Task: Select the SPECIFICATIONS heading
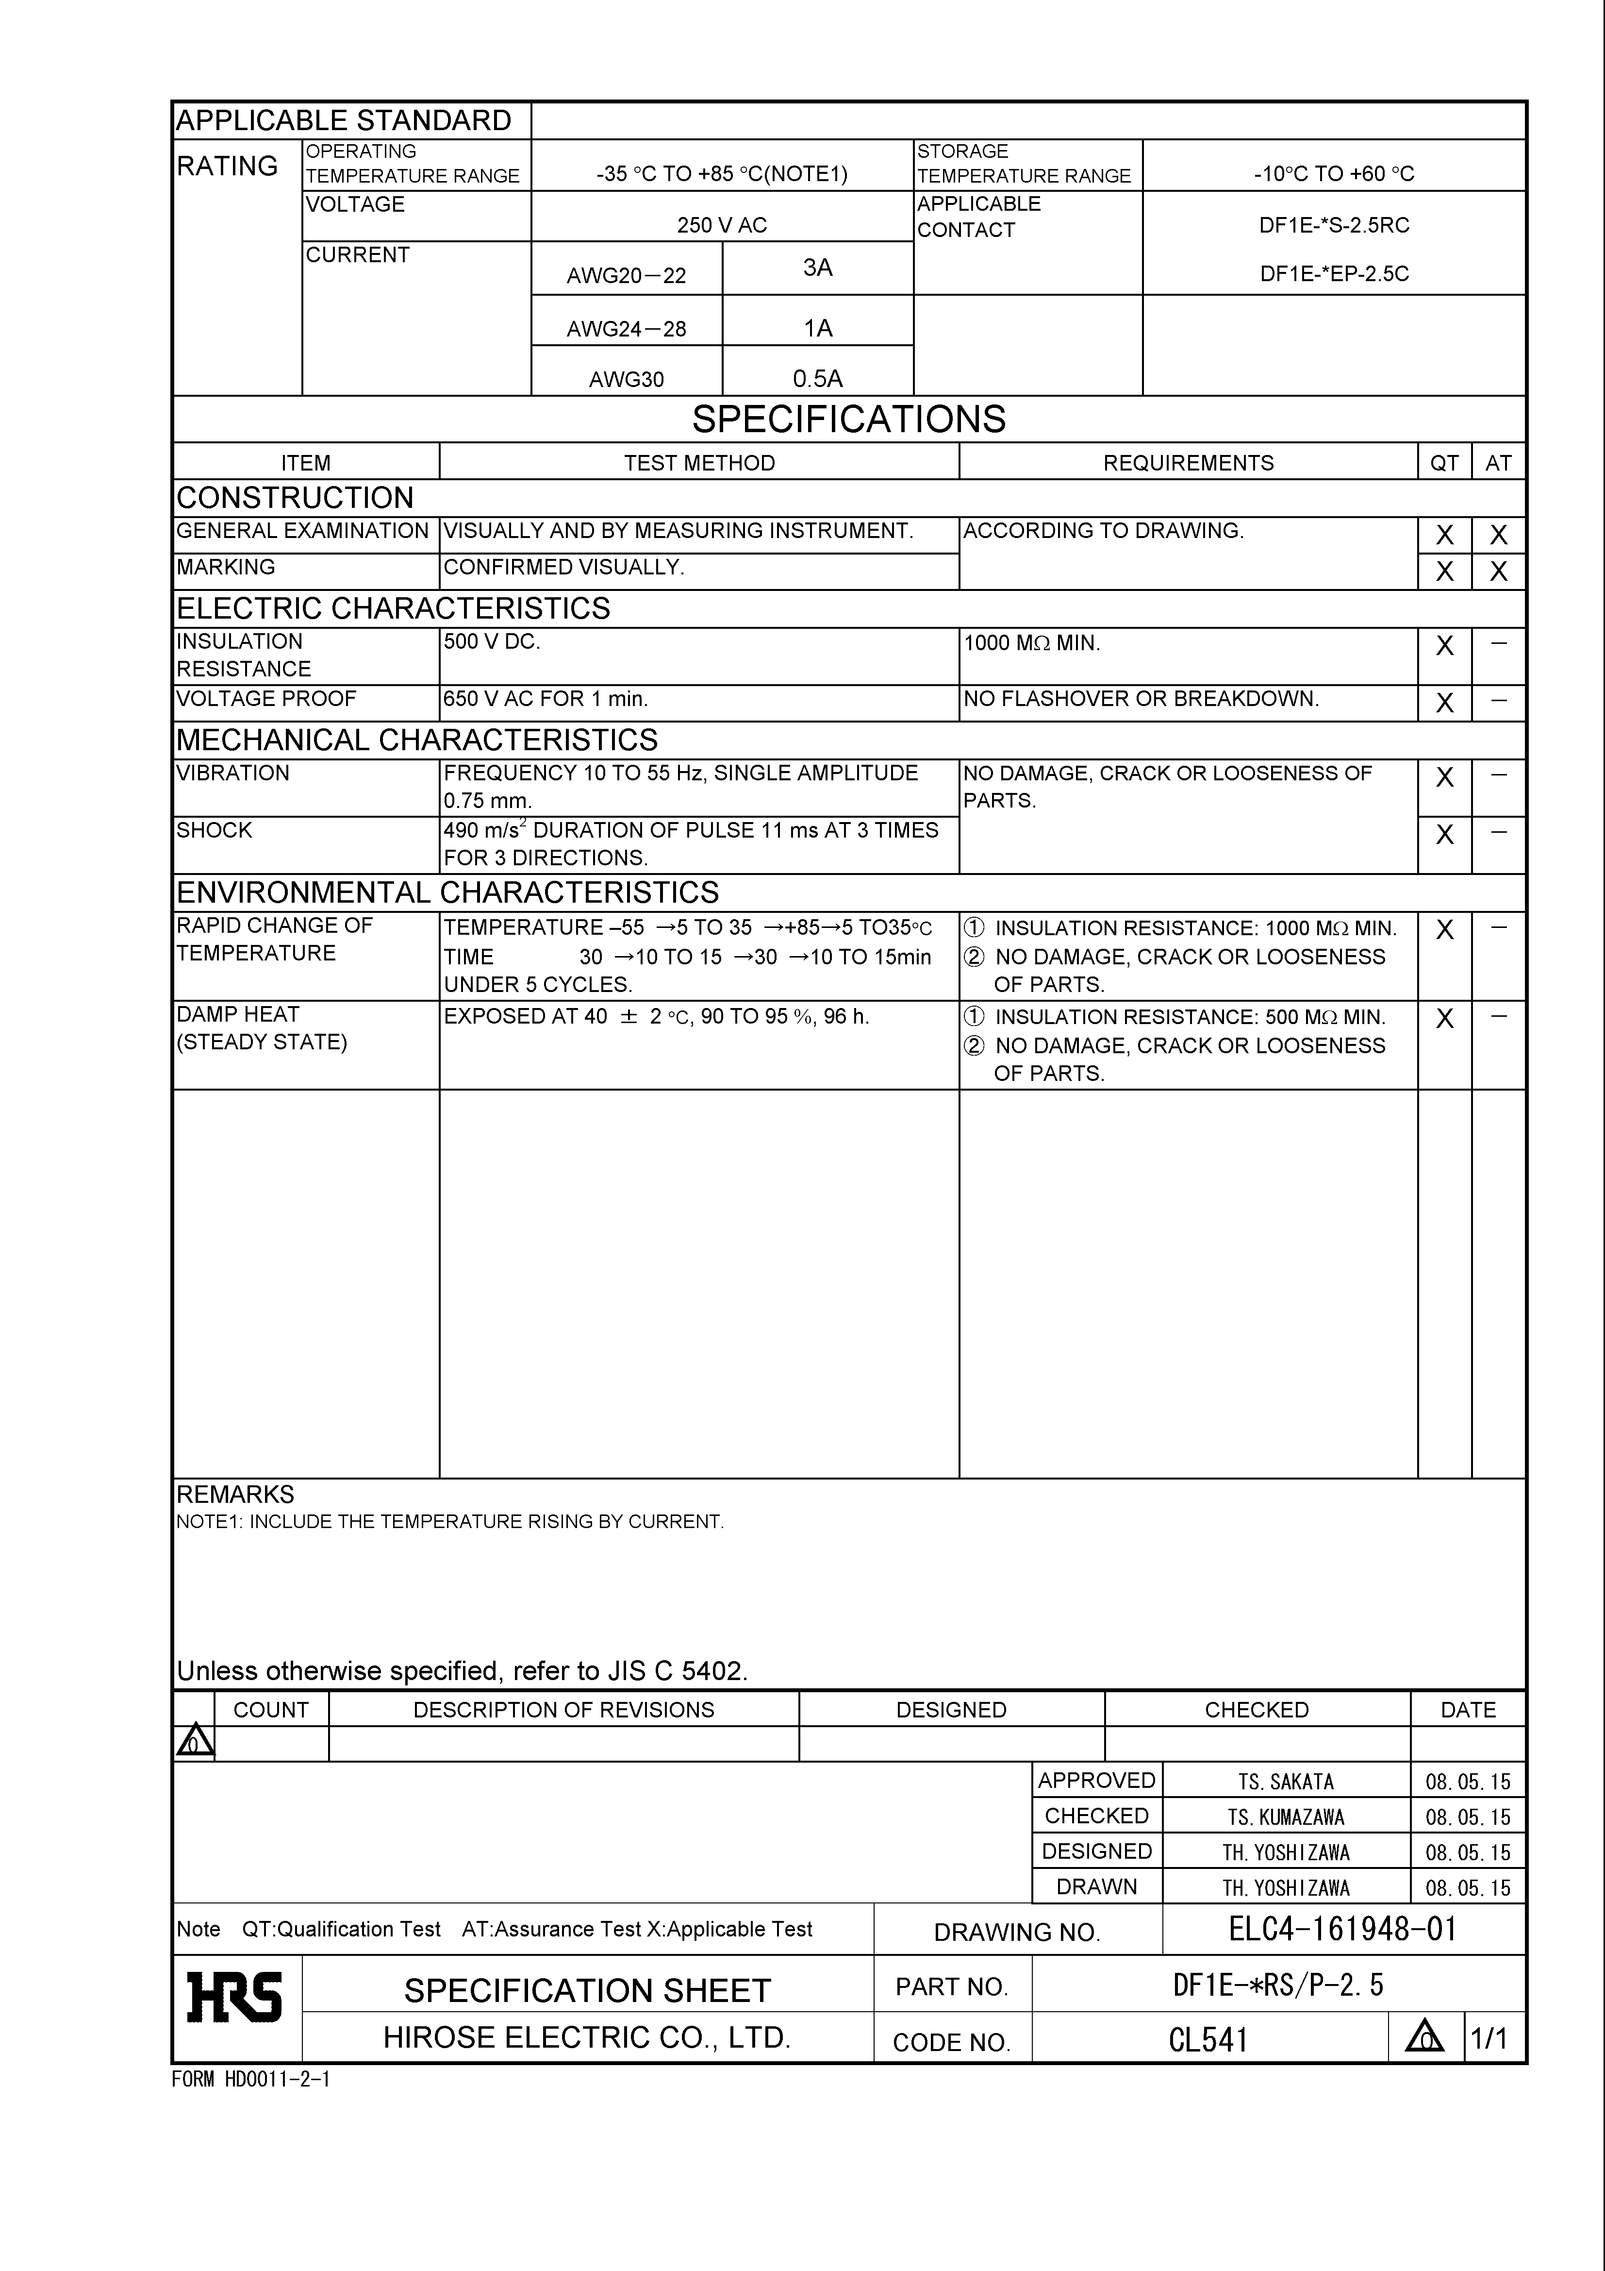point(848,420)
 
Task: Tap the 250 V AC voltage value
point(722,225)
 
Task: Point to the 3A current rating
point(818,268)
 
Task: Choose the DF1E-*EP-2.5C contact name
point(1334,274)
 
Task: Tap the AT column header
point(1498,463)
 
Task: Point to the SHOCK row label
point(215,831)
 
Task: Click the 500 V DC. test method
point(492,642)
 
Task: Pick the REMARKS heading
point(235,1495)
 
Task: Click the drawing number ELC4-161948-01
point(1343,1930)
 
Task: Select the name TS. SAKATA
point(1286,1783)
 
